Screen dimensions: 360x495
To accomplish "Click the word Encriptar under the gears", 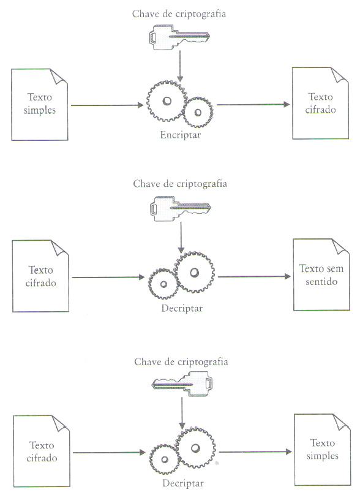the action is click(180, 135).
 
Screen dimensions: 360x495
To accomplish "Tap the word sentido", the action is click(321, 281).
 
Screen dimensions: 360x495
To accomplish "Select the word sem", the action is click(336, 269).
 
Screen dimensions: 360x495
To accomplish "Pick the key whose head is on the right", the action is click(182, 384).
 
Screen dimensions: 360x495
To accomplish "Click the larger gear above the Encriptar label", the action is click(167, 101).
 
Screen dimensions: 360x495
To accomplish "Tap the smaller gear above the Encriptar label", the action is click(198, 112).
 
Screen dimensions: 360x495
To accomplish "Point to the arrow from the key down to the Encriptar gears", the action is click(180, 66).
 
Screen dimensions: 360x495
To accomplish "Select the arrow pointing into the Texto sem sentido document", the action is click(254, 276).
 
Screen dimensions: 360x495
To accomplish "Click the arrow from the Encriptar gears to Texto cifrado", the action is click(253, 105).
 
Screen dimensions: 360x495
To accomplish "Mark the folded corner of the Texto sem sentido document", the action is click(340, 246).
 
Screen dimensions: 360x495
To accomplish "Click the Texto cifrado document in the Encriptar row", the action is click(320, 104).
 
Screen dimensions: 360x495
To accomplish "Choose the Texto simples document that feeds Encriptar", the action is click(40, 105).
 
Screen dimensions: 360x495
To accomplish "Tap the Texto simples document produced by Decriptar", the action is click(323, 450).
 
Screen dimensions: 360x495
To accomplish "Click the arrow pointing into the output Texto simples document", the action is click(255, 452).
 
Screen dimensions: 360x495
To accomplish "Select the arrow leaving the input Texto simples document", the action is click(107, 105).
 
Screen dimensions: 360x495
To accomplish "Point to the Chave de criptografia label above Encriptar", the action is click(179, 14).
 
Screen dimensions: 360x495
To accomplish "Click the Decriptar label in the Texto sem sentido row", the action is click(182, 308).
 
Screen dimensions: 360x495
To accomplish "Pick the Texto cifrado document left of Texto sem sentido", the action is click(40, 276).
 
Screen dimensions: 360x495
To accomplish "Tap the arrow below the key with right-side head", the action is click(182, 413).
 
